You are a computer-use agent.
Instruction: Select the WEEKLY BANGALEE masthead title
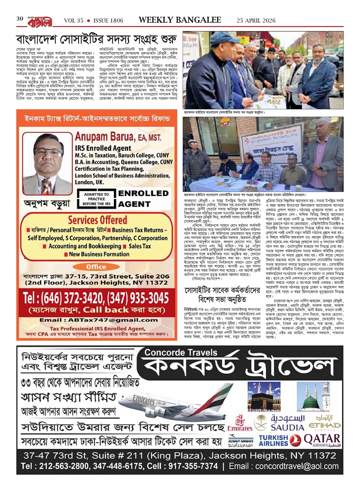[180, 20]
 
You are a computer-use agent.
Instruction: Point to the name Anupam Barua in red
[118, 137]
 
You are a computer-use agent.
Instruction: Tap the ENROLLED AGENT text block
[143, 198]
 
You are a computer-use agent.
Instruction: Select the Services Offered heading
[98, 220]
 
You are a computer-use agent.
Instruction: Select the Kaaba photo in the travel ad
[264, 398]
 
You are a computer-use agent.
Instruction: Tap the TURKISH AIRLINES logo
[273, 441]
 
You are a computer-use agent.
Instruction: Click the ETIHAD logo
[325, 423]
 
